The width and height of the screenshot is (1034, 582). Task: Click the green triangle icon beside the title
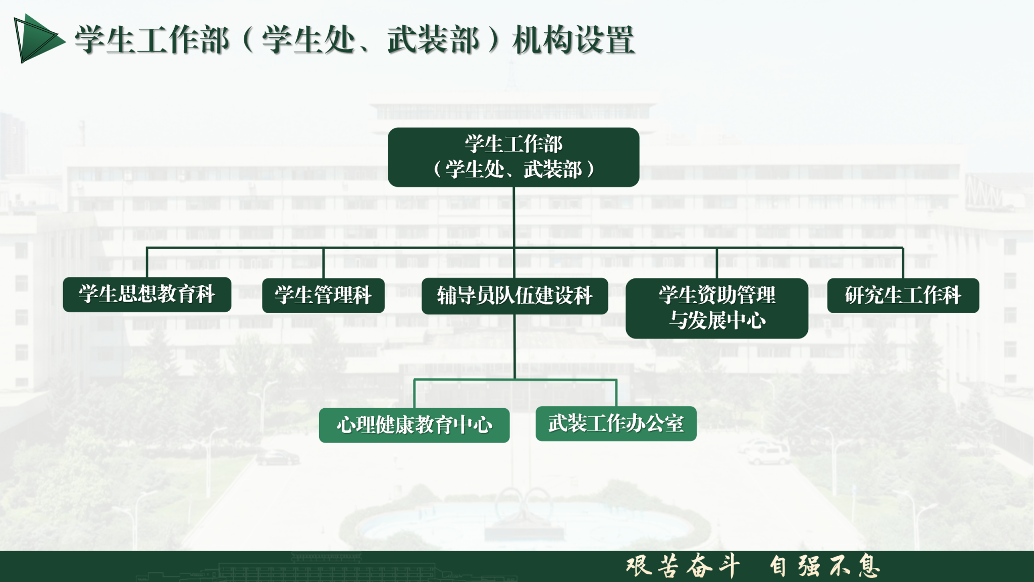click(38, 39)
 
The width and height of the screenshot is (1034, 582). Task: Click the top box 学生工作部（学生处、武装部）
click(513, 157)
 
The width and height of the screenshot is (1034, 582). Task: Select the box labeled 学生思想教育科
click(147, 295)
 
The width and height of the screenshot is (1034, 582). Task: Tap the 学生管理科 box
click(323, 296)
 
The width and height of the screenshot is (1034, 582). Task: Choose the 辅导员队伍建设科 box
click(514, 296)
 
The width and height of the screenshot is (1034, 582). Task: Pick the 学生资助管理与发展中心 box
click(717, 308)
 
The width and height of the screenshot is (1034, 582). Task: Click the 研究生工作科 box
click(903, 296)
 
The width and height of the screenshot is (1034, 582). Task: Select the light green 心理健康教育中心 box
click(414, 425)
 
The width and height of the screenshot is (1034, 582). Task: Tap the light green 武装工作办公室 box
click(616, 424)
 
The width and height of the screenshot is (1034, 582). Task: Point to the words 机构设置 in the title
click(573, 40)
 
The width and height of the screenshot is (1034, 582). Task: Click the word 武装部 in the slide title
click(433, 40)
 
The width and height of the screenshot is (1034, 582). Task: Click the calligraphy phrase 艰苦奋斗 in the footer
click(683, 566)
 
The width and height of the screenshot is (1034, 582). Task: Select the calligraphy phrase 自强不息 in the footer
click(824, 566)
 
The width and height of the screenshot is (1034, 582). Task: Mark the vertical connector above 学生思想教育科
click(147, 263)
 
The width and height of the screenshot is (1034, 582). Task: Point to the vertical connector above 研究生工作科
click(903, 263)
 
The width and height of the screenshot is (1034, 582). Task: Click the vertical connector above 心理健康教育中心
click(415, 394)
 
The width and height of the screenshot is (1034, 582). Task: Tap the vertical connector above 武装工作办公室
click(616, 393)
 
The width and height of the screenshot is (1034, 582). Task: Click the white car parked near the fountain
click(763, 452)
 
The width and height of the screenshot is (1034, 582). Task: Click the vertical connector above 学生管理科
click(323, 263)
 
